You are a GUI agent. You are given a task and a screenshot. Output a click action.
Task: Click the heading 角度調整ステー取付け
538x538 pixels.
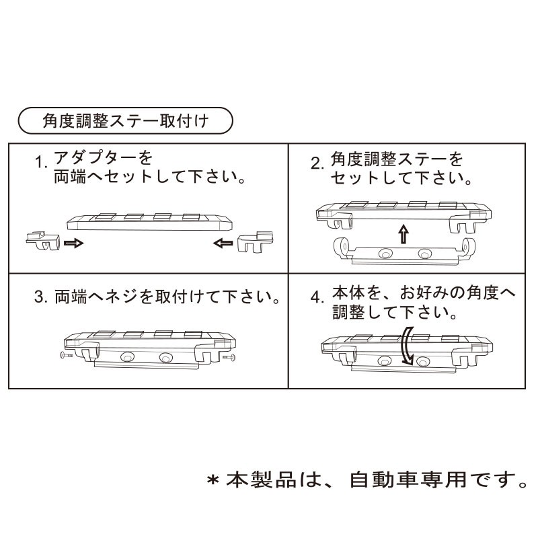124,122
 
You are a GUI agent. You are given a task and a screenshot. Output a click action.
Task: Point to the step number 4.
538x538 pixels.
317,297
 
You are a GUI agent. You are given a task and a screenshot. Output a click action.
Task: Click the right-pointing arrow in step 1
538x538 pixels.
74,243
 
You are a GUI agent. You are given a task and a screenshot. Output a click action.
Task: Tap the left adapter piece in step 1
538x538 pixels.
42,240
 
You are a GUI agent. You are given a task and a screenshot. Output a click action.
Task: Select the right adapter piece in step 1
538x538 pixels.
256,241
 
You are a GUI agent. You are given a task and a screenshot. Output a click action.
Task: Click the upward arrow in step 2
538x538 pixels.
403,234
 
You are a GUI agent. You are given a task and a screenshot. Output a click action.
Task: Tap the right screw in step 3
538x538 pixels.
229,358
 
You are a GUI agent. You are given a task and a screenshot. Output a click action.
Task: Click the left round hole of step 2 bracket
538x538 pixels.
385,254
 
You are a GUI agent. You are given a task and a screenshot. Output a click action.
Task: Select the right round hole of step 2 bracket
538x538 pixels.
424,254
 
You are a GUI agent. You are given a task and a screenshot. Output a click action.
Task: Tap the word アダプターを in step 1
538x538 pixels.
103,159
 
